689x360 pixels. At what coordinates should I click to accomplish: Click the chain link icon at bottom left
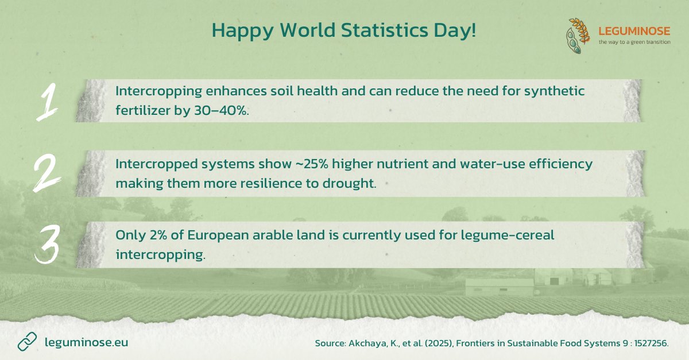pyautogui.click(x=27, y=342)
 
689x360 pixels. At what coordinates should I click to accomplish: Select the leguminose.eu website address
pyautogui.click(x=86, y=342)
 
